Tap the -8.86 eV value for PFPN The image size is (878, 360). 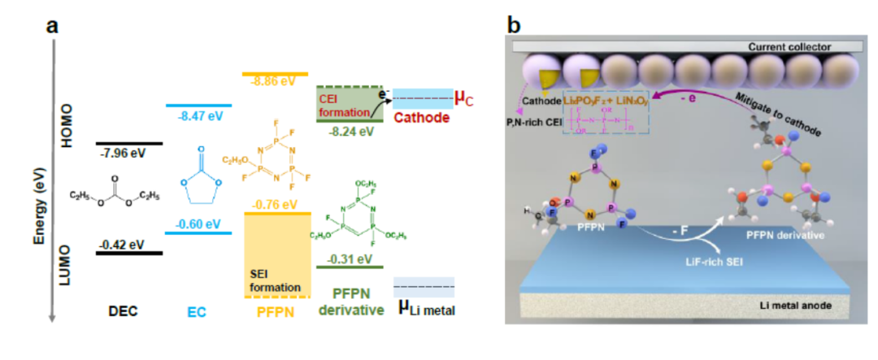pyautogui.click(x=273, y=83)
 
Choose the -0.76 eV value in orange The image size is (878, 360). pyautogui.click(x=273, y=205)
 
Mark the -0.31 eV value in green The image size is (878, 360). pyautogui.click(x=349, y=259)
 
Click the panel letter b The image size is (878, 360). pyautogui.click(x=513, y=25)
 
